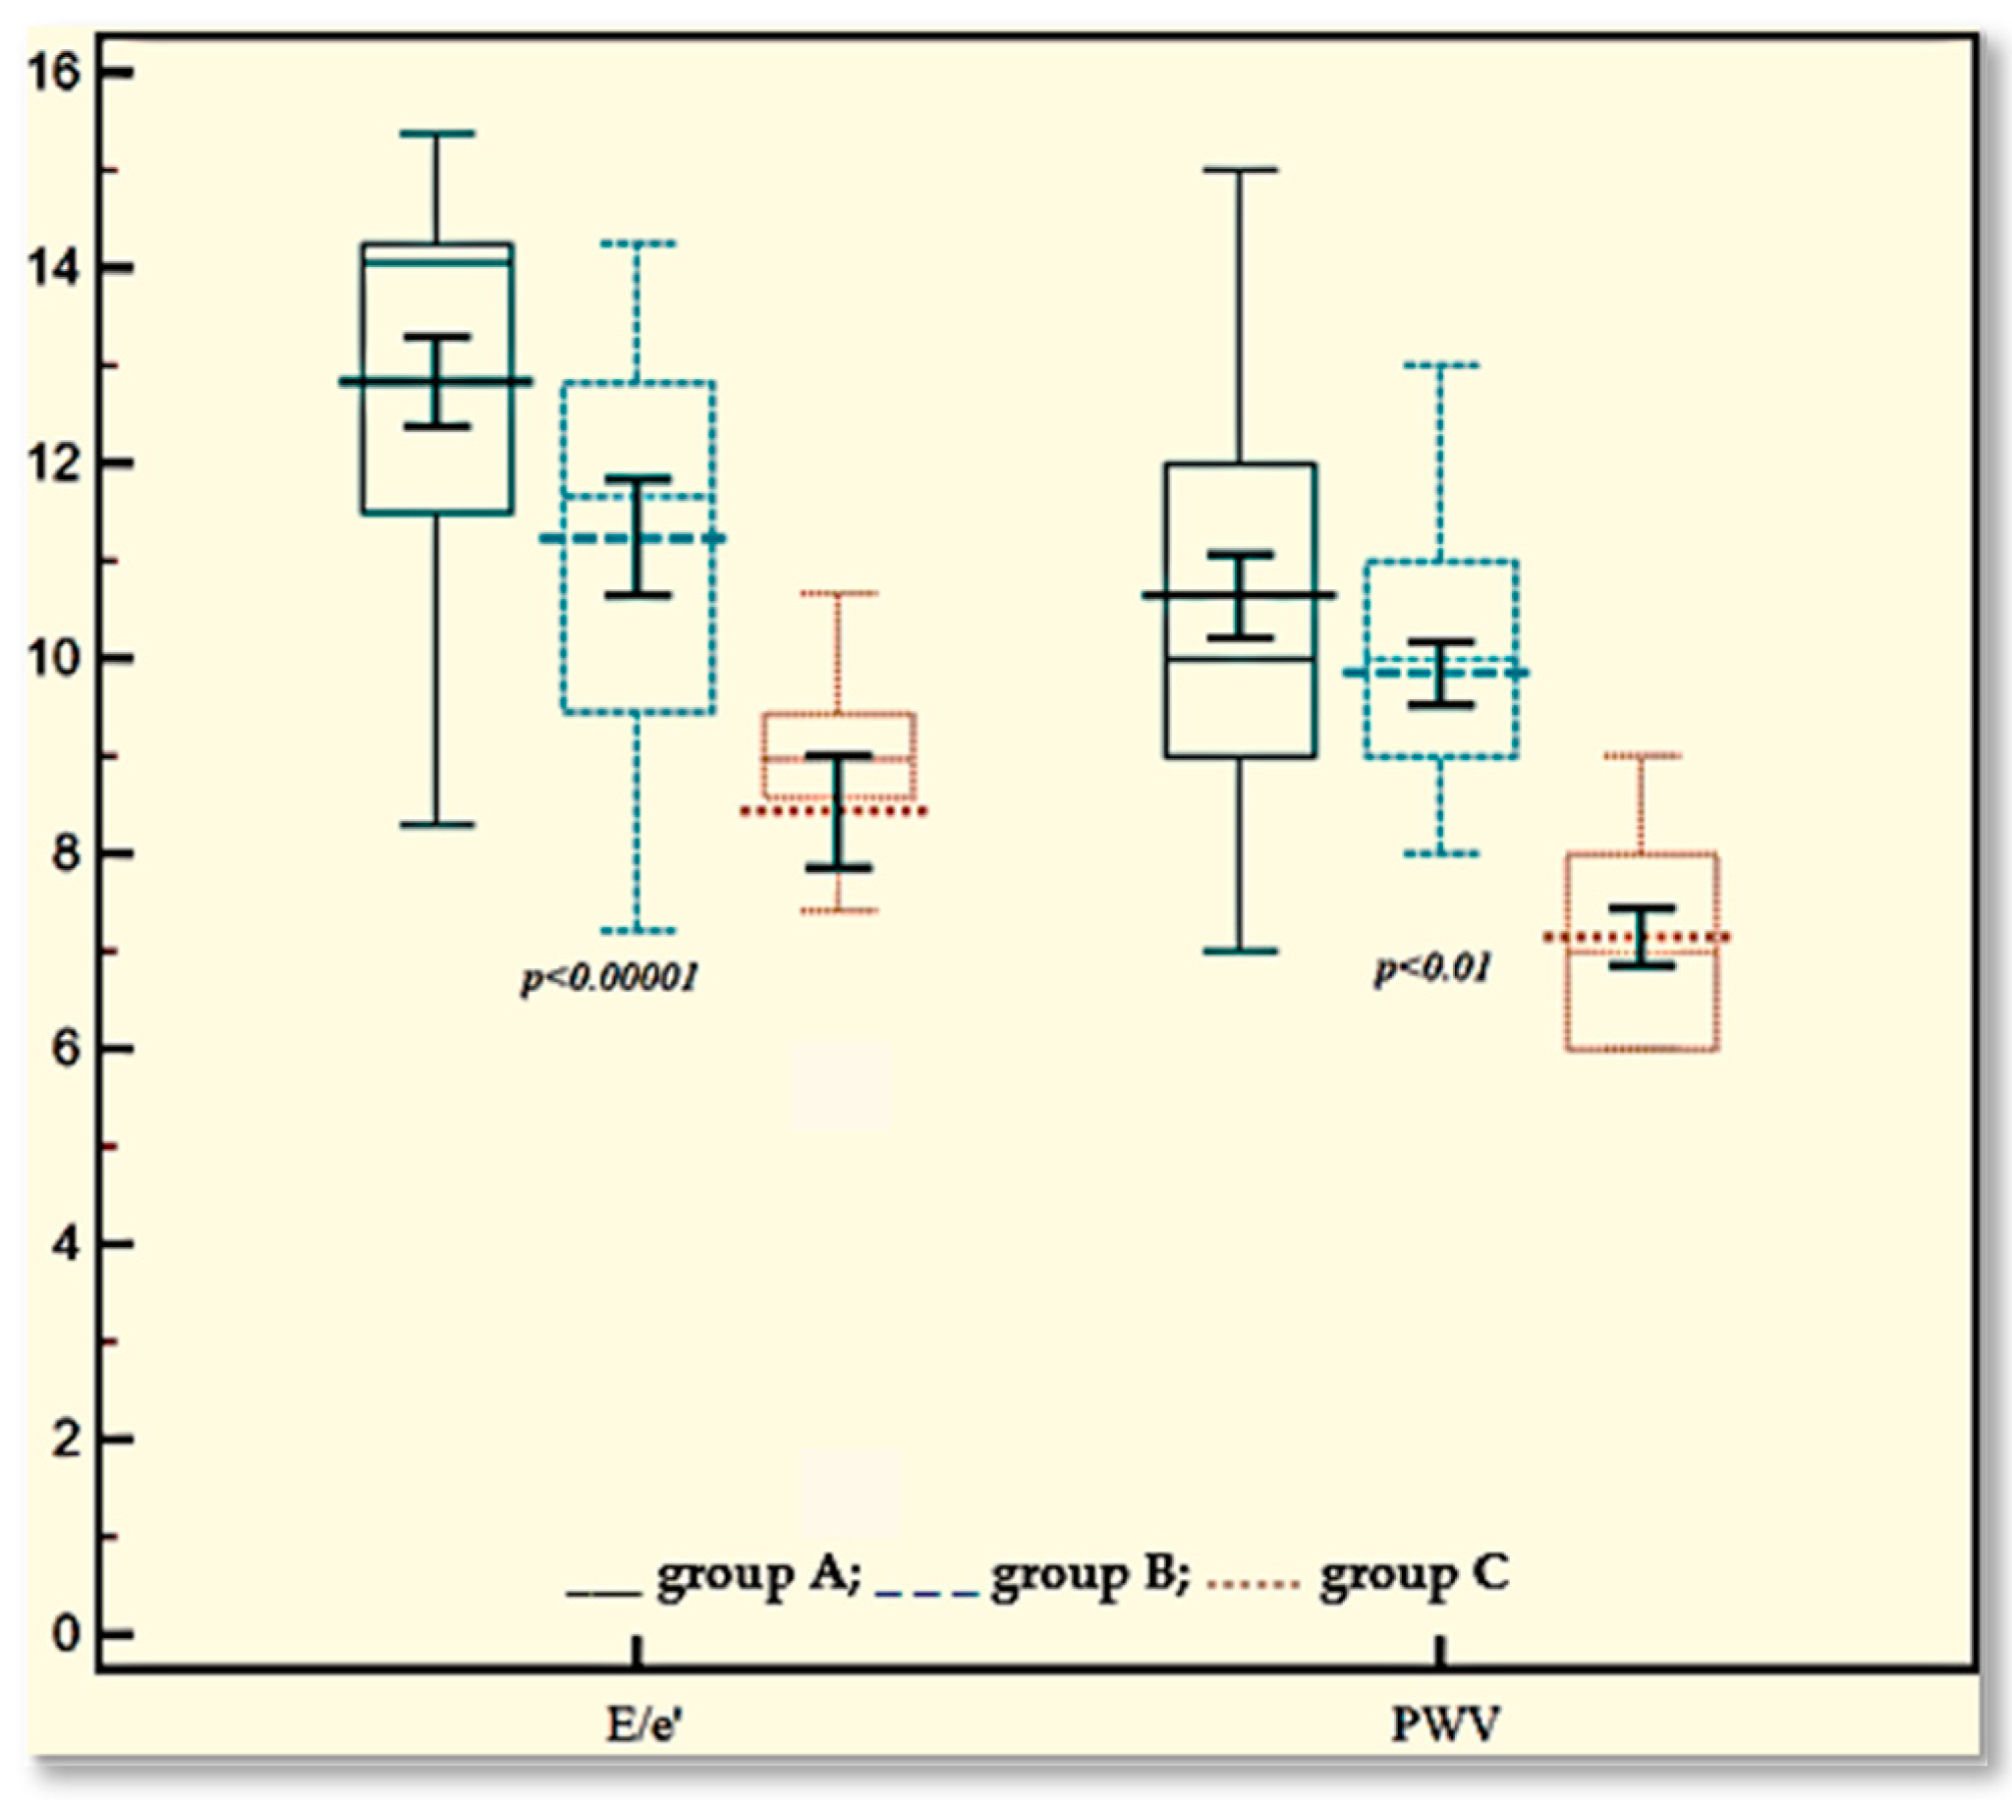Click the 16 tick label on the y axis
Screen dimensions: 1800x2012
(54, 74)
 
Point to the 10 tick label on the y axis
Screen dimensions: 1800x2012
(54, 659)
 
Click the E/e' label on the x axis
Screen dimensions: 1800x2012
(643, 1724)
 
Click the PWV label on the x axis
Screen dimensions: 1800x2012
(1445, 1724)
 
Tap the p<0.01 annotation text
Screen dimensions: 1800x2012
(1432, 968)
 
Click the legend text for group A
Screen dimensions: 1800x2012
(756, 1574)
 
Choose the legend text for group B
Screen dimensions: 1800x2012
(1090, 1574)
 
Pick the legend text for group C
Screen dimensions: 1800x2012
(1415, 1574)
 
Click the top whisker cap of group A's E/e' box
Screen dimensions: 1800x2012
(436, 134)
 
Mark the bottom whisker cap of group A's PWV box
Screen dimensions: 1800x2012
(1241, 952)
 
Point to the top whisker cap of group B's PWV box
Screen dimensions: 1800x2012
(1441, 365)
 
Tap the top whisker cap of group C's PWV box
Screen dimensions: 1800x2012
(1642, 755)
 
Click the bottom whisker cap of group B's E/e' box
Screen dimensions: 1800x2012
(638, 931)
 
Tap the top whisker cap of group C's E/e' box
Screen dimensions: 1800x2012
(839, 593)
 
